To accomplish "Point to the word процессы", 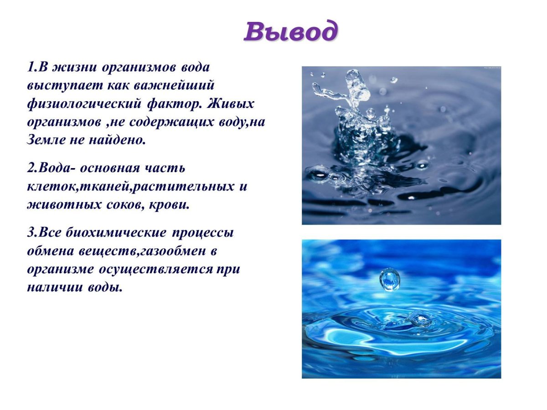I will (x=203, y=232).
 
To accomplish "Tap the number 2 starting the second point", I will (x=31, y=168).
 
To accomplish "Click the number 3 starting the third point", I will (x=31, y=232).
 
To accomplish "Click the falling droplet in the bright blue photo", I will (x=390, y=278).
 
